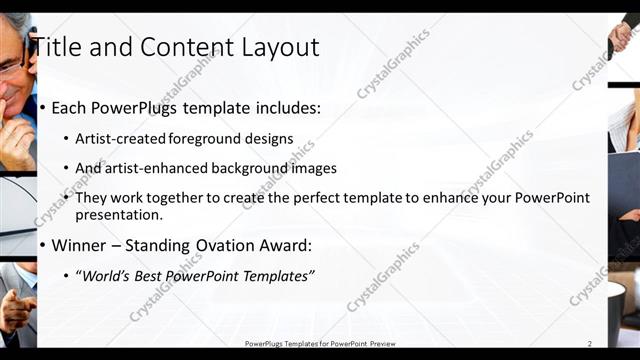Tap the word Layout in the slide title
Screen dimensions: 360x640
278,47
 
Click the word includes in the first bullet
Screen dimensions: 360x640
284,107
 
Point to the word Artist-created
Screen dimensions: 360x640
120,139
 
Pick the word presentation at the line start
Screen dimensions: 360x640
118,214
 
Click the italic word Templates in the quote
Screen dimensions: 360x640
276,275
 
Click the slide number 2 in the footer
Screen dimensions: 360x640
590,344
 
